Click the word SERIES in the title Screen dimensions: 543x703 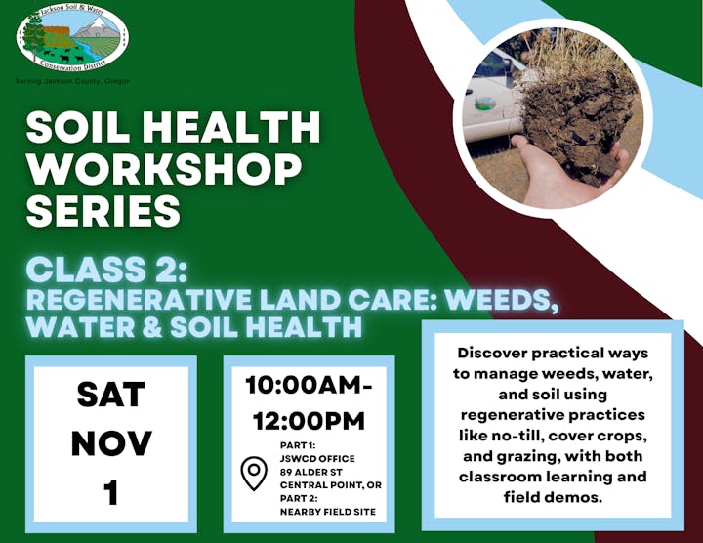(103, 210)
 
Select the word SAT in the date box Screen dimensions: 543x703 (111, 396)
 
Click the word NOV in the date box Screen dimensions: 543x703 (111, 443)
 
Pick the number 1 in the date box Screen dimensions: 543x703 (111, 491)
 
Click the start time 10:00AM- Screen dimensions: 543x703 (309, 385)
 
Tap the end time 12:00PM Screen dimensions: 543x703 (309, 421)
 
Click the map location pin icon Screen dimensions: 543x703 (254, 475)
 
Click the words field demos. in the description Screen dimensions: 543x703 (552, 496)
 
